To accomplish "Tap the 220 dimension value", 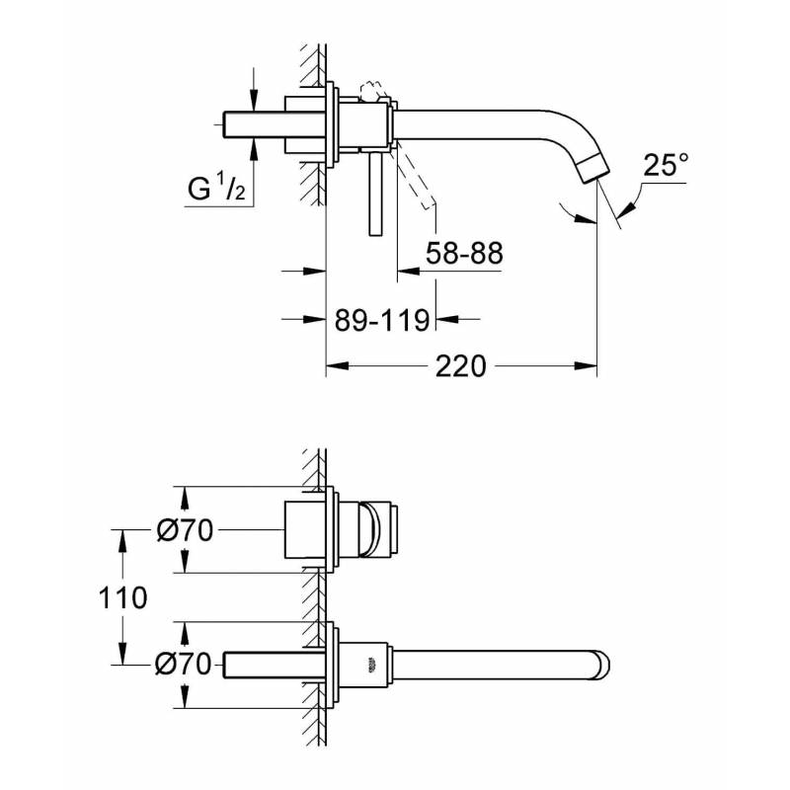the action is (460, 366).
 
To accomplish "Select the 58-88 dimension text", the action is (464, 253).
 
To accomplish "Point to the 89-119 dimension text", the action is (382, 319).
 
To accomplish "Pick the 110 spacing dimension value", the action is (122, 598).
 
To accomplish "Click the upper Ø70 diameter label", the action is (185, 530).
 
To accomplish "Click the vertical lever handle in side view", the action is (376, 194).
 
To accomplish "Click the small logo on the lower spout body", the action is (372, 665).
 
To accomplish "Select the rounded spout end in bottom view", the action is (601, 665).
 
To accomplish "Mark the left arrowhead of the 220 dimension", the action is (338, 365).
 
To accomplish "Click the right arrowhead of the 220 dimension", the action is (586, 365).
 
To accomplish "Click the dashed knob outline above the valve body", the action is (373, 91).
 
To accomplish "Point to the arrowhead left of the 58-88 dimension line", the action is (409, 271).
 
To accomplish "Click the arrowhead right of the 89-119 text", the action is (447, 318).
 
